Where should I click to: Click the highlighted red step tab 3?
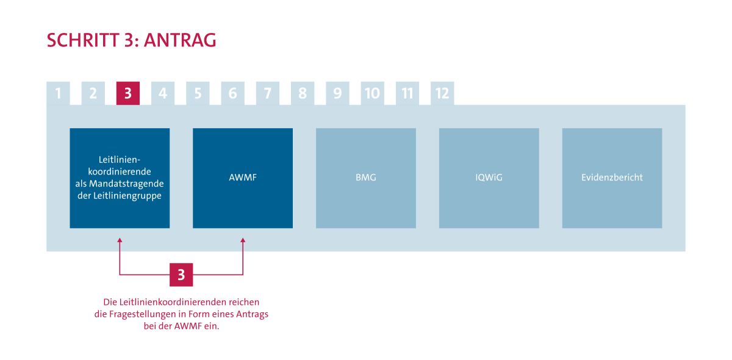pos(128,93)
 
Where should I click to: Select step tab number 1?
pos(58,93)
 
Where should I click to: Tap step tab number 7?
pos(267,93)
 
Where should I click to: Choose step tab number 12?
pos(442,93)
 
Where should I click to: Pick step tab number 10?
pos(372,93)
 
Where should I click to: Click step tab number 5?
pos(198,93)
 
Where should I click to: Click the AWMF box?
pos(243,178)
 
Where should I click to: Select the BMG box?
pos(365,178)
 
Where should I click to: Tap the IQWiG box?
pos(489,178)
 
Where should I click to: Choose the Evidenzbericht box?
pos(612,178)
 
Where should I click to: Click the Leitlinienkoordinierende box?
pos(120,178)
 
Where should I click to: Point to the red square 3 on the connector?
pos(181,275)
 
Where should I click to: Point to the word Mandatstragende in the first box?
pos(134,184)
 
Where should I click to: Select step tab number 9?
pos(337,93)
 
